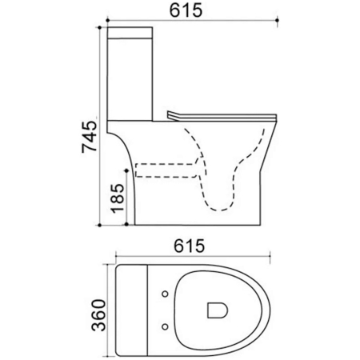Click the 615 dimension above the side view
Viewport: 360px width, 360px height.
pos(186,10)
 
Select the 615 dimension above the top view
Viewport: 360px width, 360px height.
pos(189,246)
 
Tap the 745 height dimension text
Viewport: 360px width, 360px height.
pos(90,137)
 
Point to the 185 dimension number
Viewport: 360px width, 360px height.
pos(118,198)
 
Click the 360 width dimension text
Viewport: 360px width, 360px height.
pos(98,315)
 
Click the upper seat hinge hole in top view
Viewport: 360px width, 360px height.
pos(165,294)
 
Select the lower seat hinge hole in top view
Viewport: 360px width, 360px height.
pos(165,326)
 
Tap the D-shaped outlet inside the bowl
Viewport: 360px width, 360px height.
pos(218,310)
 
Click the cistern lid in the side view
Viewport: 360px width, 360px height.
pos(130,33)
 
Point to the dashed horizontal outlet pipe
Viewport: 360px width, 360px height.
pos(166,170)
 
